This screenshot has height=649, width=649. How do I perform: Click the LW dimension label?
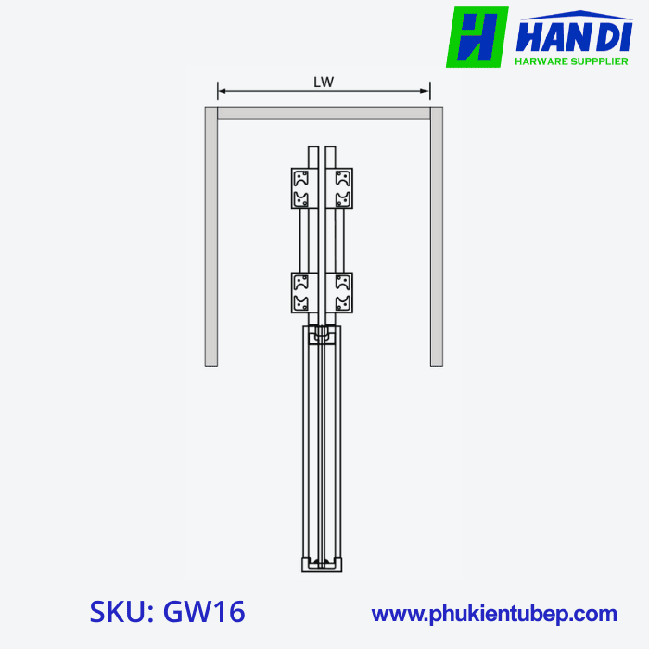[323, 82]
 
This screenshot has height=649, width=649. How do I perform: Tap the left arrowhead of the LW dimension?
[222, 91]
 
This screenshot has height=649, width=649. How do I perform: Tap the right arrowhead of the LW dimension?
[426, 91]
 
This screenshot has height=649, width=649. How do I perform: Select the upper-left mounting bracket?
[300, 188]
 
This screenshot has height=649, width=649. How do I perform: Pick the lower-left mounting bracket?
[300, 292]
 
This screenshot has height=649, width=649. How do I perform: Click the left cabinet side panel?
[211, 241]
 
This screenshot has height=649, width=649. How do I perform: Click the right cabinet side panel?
[436, 241]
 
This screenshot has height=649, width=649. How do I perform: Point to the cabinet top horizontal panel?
[323, 113]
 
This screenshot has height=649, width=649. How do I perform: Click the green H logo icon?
[477, 37]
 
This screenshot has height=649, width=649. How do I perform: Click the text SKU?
[121, 613]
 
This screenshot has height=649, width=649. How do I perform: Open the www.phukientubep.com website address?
[493, 614]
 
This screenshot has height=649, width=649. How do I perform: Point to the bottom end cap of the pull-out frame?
[322, 564]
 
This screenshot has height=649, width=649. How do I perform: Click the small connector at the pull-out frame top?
[322, 334]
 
